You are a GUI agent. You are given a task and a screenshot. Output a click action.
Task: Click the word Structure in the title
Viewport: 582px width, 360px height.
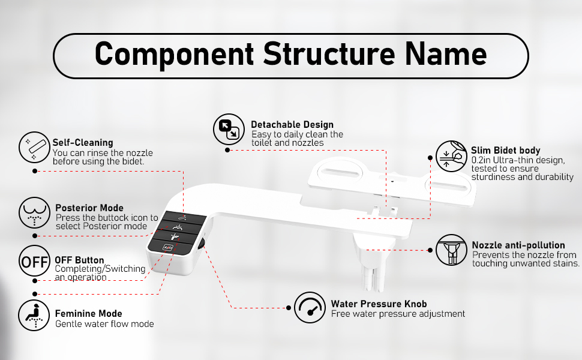coord(329,54)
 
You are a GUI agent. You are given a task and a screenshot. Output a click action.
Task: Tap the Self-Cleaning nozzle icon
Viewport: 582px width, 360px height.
coord(34,148)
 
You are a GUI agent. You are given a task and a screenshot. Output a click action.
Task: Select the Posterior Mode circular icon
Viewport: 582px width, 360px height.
coord(34,213)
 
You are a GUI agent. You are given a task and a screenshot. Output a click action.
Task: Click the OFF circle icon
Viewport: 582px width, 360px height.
coord(34,261)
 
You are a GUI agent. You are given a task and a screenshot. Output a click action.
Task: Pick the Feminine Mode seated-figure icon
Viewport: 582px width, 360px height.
coord(34,316)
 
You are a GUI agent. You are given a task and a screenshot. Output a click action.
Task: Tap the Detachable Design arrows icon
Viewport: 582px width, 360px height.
coord(229,129)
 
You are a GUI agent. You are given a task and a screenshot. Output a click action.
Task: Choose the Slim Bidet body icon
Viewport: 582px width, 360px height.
coord(451,156)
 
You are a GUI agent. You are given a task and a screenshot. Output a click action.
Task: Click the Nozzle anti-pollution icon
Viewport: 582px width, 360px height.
coord(451,250)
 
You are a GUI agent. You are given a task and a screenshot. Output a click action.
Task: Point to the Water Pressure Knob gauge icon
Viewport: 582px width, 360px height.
coord(310,307)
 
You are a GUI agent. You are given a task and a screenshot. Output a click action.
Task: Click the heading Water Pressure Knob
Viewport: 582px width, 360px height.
coord(379,304)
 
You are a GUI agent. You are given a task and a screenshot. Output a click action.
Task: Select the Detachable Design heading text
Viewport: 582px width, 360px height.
coord(292,125)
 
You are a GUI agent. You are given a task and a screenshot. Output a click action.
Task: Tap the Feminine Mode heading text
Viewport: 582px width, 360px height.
coord(88,314)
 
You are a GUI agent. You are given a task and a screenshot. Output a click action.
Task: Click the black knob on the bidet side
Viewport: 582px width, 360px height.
coord(202,244)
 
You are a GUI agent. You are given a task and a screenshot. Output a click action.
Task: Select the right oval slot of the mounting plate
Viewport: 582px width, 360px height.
coord(448,186)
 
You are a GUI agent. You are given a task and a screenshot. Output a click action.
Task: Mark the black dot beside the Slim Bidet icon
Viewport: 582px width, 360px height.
coord(430,158)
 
